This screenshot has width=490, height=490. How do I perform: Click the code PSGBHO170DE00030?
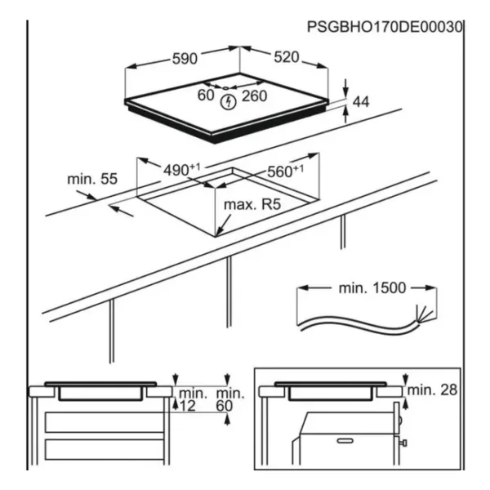coord(384,27)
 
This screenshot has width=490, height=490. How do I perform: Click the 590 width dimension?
coord(185,59)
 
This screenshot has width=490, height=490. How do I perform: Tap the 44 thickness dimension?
coord(361,101)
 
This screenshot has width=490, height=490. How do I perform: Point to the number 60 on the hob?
coord(206,96)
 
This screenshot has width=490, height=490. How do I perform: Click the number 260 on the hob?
coord(255,96)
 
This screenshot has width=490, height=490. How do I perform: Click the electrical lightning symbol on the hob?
coord(229,101)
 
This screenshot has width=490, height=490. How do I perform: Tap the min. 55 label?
coord(91,179)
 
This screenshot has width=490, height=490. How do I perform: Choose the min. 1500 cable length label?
coord(371,288)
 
